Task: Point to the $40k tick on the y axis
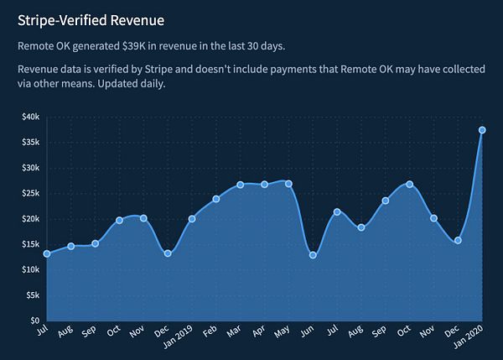click(x=30, y=117)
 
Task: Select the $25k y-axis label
click(x=30, y=193)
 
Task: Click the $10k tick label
click(x=30, y=269)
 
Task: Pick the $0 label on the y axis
click(x=35, y=321)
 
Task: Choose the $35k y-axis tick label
click(x=30, y=142)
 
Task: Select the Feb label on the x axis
click(x=210, y=333)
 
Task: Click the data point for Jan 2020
click(x=482, y=130)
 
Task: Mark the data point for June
click(x=313, y=255)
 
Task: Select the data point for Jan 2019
click(x=192, y=219)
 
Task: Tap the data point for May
click(x=288, y=184)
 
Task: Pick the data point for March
click(x=240, y=185)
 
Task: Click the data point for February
click(x=215, y=199)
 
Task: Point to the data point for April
click(x=264, y=185)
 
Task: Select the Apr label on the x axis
click(x=258, y=333)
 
